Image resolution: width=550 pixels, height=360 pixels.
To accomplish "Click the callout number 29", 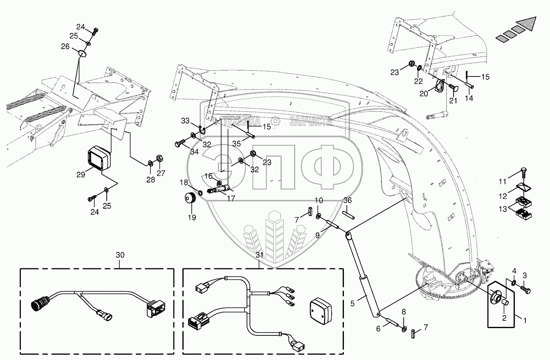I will point(80,174).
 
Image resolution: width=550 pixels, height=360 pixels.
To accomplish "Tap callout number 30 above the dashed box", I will point(120,254).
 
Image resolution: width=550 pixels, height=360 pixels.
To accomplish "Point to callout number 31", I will point(260,254).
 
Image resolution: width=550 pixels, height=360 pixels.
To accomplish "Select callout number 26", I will point(65,47).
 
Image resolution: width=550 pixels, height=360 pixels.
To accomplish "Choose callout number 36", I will point(347,200).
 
